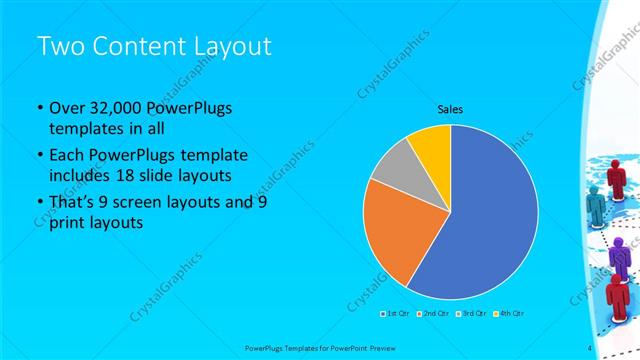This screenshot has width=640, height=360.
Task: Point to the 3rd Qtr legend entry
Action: tap(472, 313)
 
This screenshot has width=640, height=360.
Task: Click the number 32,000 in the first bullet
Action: tap(115, 109)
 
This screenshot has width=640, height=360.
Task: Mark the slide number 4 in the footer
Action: tap(590, 347)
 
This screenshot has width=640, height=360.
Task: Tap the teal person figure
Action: tap(596, 207)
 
